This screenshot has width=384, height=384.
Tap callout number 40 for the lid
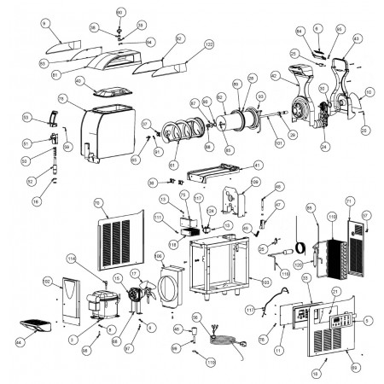[x=79, y=81]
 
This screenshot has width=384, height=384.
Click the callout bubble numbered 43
[x=356, y=38]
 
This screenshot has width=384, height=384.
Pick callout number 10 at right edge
[x=368, y=91]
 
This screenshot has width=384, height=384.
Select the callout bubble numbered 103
[x=266, y=279]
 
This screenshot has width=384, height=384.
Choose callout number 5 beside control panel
[x=368, y=321]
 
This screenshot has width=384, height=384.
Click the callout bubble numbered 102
[x=48, y=281]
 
